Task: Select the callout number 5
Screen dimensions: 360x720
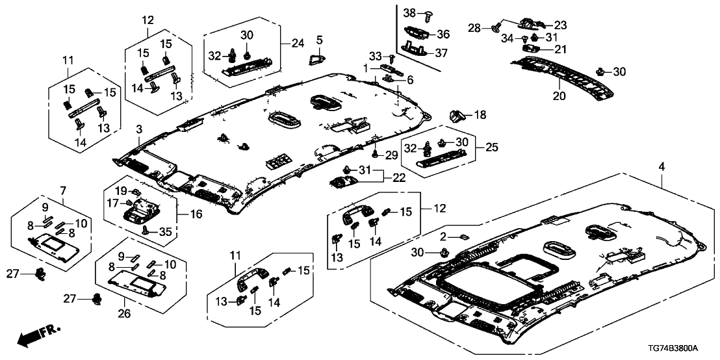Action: (x=319, y=40)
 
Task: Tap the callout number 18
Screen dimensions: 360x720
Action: (x=480, y=116)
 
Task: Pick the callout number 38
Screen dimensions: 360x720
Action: (x=409, y=12)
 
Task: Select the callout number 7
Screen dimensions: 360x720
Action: (x=62, y=190)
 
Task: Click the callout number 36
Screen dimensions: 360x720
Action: (x=443, y=34)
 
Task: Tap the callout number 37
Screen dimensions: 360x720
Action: (x=443, y=52)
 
